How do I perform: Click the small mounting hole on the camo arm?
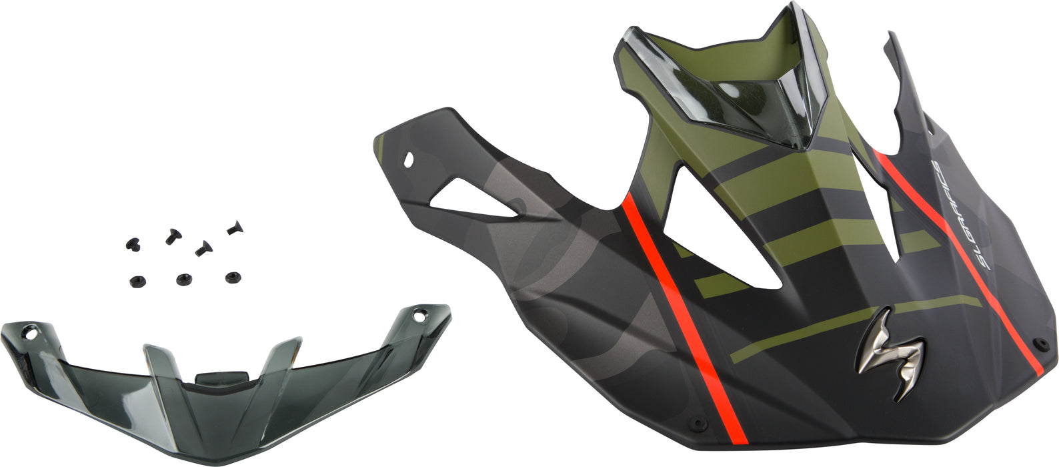408,159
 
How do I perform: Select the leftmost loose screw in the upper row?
129,240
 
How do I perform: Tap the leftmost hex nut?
135,280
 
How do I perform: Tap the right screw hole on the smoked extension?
418,316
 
